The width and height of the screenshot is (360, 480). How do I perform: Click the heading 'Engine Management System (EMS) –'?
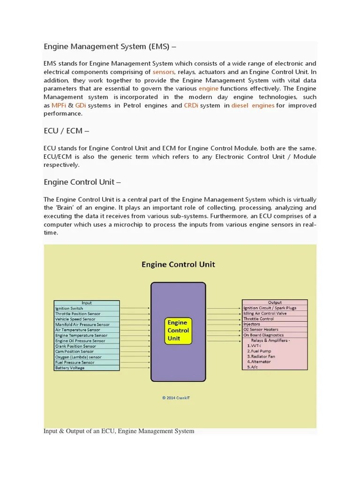click(110, 46)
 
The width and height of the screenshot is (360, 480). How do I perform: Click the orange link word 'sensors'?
click(164, 72)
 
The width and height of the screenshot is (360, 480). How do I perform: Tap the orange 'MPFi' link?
click(59, 105)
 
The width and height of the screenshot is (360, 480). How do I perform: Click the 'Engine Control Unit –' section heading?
click(82, 181)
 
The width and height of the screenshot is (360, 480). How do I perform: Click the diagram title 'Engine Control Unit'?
click(178, 264)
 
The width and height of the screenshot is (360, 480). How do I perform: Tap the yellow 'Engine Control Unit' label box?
click(177, 330)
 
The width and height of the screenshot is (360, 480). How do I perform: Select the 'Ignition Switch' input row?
click(69, 308)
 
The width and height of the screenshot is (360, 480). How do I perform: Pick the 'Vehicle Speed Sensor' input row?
click(75, 319)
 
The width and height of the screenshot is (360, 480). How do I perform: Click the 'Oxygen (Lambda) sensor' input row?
click(78, 357)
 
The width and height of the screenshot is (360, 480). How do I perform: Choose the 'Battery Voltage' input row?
click(70, 368)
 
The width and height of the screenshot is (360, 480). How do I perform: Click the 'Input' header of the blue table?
click(87, 303)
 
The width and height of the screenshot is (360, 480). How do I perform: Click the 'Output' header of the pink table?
click(275, 302)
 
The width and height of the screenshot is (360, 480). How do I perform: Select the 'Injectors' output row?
click(252, 324)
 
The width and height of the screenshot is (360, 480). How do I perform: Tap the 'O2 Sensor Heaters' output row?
click(261, 330)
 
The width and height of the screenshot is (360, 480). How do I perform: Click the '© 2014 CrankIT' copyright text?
click(176, 398)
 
